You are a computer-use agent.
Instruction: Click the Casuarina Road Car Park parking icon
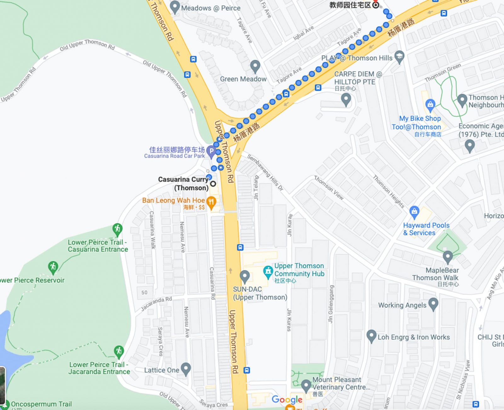click(211, 151)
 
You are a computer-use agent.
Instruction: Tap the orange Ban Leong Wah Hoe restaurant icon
click(211, 202)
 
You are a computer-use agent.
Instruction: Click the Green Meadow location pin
click(255, 66)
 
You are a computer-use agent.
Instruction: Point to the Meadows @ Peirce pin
click(175, 7)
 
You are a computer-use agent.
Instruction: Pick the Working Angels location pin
click(433, 303)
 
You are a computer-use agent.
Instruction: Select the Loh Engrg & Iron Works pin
click(371, 336)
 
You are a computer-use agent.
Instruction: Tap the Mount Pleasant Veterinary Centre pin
click(306, 385)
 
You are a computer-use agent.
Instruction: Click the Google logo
click(287, 400)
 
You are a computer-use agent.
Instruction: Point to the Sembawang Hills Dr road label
click(265, 172)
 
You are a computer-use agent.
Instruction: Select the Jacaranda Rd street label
click(156, 303)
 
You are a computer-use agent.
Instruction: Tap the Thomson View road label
click(329, 188)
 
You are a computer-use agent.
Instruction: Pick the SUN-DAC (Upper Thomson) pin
click(244, 276)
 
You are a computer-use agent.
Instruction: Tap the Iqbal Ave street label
click(304, 33)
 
